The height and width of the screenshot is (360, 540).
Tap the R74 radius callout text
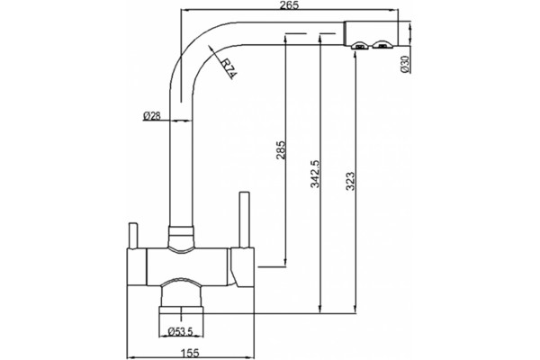coord(229,69)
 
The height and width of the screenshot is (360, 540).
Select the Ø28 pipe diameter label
coord(151,116)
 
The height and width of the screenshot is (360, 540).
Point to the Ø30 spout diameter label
coord(405,64)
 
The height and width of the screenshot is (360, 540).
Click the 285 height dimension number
coord(281,150)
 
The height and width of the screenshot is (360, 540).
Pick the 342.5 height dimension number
coord(315,174)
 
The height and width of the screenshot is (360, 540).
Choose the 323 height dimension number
coord(351,181)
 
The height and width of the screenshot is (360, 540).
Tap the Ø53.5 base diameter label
coord(181,331)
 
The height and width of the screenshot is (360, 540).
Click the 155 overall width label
coord(190,353)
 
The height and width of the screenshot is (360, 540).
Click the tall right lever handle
coord(244,220)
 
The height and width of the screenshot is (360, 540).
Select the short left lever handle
coord(133,235)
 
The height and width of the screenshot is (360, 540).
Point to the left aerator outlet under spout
coord(360,45)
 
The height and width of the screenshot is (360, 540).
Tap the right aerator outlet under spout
coord(382,44)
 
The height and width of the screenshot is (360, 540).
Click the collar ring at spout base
coord(181,230)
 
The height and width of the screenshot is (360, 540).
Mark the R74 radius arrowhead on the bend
coord(211,49)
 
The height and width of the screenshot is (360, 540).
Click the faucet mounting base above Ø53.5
coord(181,310)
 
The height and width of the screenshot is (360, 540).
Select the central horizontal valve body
coord(187,266)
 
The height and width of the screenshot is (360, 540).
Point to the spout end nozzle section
coord(371,33)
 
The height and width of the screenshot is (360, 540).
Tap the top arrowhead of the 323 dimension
coord(355,56)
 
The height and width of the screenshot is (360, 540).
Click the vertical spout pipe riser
coord(181,155)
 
